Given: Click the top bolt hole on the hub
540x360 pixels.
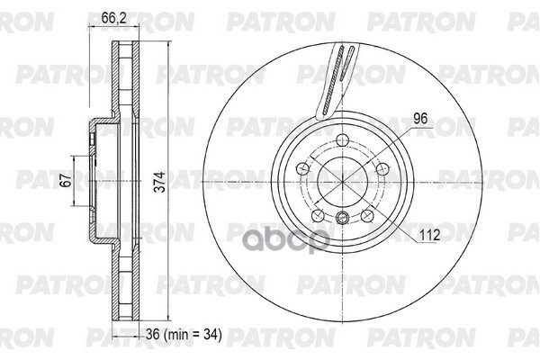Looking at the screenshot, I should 342,139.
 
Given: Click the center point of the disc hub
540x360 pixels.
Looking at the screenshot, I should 342,179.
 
